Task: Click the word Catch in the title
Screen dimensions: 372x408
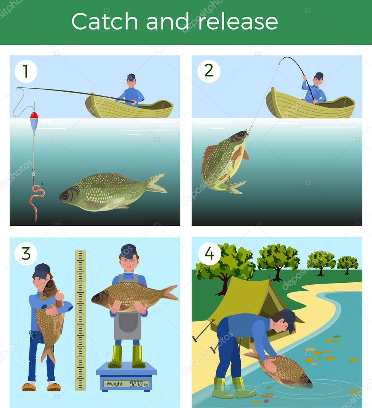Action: tap(104, 21)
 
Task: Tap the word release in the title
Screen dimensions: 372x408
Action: tap(238, 21)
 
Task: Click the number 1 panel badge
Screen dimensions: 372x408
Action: tap(26, 71)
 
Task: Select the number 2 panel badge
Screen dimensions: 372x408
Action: tap(209, 71)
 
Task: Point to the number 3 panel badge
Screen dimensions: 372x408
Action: tap(26, 254)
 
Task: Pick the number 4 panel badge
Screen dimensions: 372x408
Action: tap(209, 254)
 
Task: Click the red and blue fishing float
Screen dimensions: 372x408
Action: tap(34, 121)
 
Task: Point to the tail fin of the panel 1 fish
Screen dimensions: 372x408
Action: tap(155, 183)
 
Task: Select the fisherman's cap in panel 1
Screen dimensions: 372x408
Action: tap(131, 77)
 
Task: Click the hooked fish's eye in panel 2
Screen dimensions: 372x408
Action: tap(242, 134)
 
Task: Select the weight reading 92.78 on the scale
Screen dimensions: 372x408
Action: tap(136, 384)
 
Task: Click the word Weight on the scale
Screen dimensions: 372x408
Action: tap(115, 384)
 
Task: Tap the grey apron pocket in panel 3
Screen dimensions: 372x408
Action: tap(127, 322)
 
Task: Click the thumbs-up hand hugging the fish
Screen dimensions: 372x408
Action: tap(59, 296)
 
